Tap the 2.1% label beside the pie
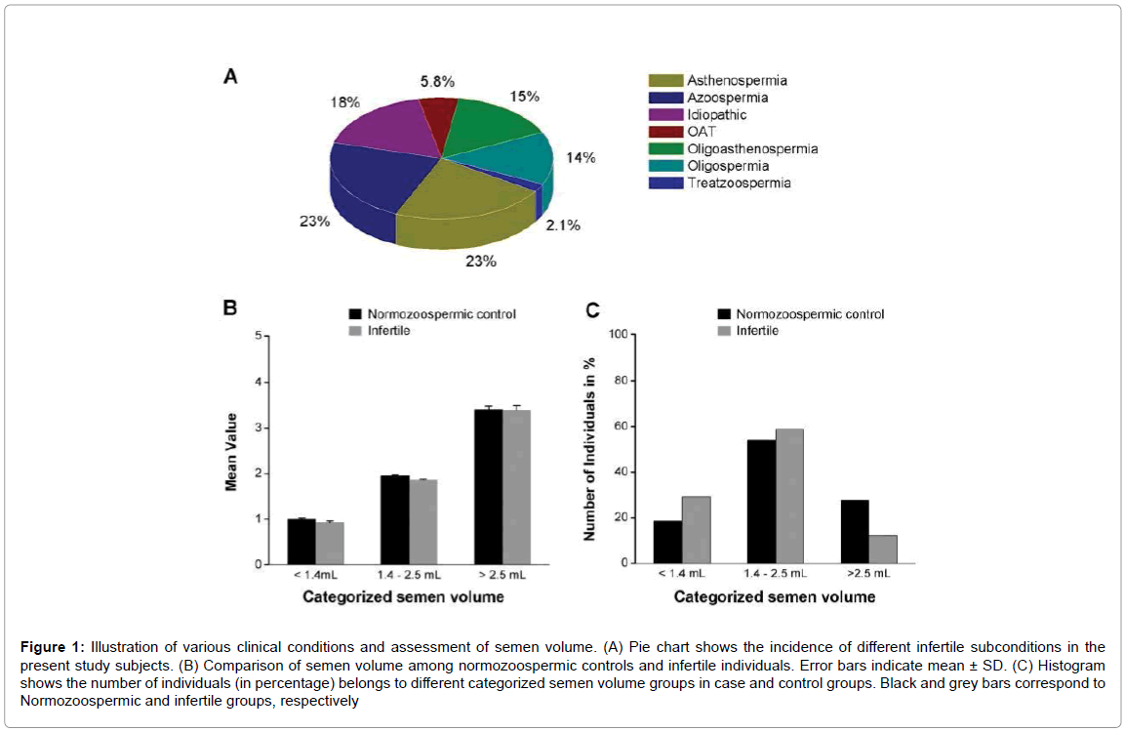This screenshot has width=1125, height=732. tap(563, 225)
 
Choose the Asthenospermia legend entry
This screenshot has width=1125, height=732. tap(723, 80)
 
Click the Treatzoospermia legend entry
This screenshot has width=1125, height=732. tap(726, 183)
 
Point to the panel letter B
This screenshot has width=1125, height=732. tap(231, 308)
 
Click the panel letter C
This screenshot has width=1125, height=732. tap(592, 310)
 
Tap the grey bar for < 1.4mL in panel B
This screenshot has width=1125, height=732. tap(330, 543)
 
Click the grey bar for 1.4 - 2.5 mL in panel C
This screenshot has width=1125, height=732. tap(789, 496)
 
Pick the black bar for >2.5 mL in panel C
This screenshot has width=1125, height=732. tap(854, 532)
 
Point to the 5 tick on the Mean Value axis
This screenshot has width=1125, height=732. tap(259, 337)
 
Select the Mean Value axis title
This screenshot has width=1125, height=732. tap(231, 451)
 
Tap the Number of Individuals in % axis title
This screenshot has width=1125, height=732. tap(589, 449)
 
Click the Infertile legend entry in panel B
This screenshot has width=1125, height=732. tap(388, 331)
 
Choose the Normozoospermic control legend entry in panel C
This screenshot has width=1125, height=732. tap(810, 314)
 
